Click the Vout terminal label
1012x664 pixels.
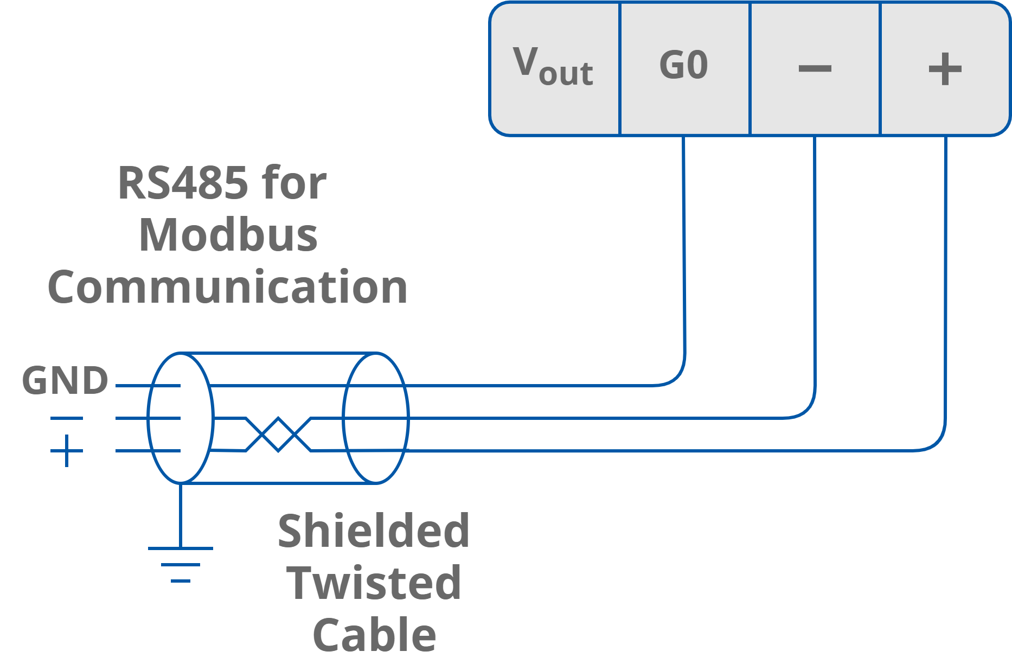(553, 67)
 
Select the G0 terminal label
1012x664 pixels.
(683, 66)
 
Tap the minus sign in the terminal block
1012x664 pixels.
(815, 68)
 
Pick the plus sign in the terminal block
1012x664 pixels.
(945, 69)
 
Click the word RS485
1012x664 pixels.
(183, 183)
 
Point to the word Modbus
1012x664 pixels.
(228, 235)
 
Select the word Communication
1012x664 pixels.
(227, 288)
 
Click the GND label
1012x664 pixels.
(65, 380)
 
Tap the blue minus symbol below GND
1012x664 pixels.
(67, 418)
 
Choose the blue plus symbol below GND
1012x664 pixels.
(67, 451)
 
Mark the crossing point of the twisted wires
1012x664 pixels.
(278, 435)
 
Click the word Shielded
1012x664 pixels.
(373, 531)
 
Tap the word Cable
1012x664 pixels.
(374, 635)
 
